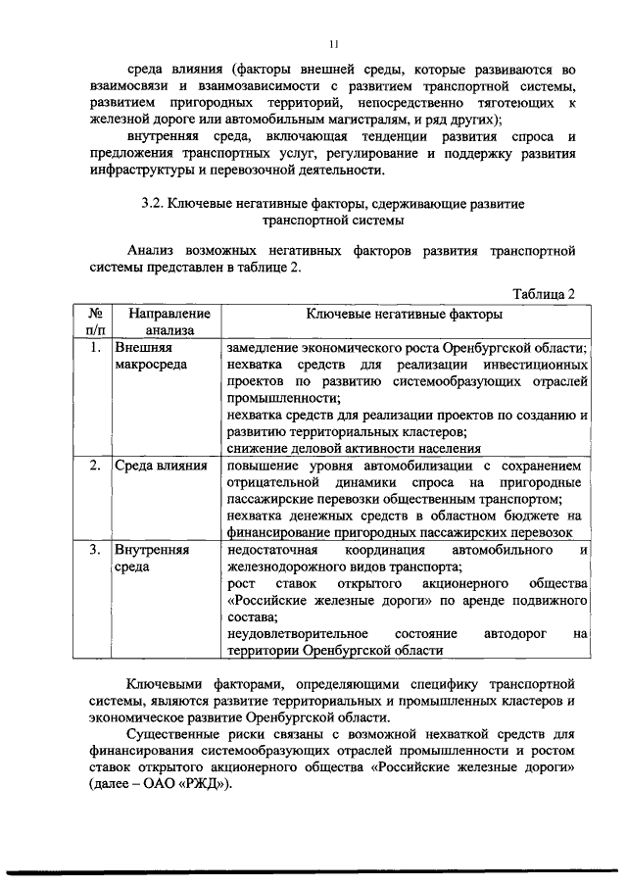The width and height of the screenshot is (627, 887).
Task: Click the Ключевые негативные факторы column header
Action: [405, 315]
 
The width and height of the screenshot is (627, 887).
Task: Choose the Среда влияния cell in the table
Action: [160, 465]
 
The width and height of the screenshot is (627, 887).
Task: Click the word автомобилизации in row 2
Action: [416, 465]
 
